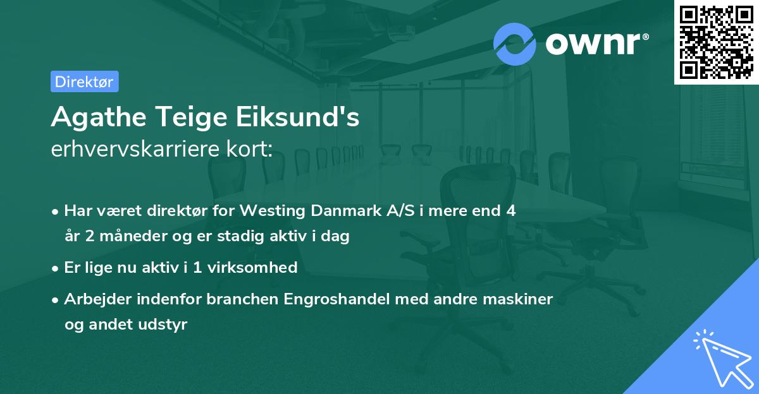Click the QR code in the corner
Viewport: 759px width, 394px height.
pyautogui.click(x=716, y=42)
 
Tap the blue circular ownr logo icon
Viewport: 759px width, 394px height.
pyautogui.click(x=514, y=44)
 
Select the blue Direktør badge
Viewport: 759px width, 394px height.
pyautogui.click(x=84, y=81)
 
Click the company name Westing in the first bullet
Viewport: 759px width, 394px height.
pyautogui.click(x=276, y=211)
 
